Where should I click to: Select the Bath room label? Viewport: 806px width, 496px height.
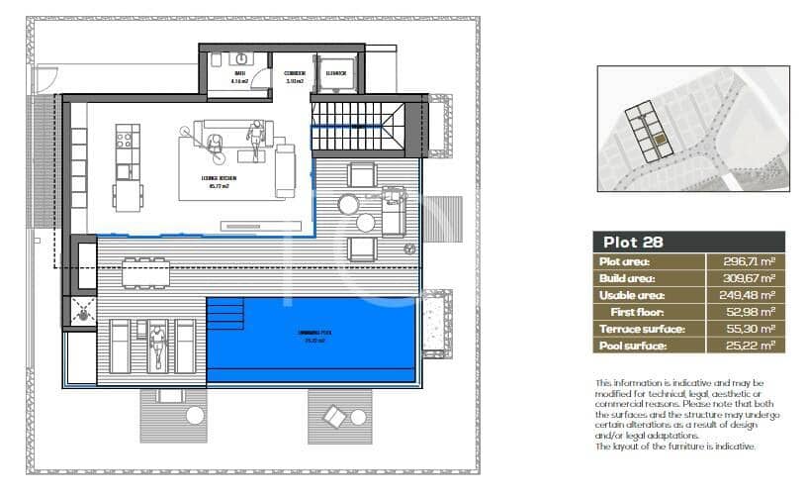coord(239,77)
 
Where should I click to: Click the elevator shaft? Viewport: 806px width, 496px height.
coord(335,77)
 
